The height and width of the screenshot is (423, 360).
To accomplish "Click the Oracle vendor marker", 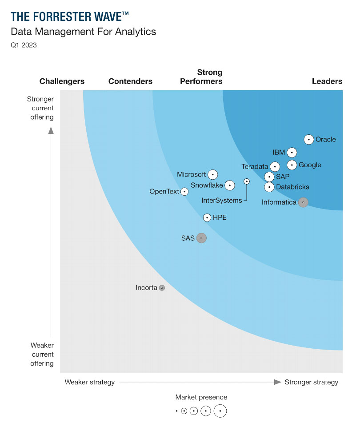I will (309, 140).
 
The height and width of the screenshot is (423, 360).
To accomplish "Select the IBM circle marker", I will (292, 153).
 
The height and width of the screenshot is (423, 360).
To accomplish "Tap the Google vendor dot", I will (292, 165).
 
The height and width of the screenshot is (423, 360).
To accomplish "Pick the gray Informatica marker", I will (303, 202).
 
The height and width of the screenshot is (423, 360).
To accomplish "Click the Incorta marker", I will (162, 288).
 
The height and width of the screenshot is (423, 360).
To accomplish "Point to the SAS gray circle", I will (201, 238).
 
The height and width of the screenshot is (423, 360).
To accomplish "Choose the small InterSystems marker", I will (247, 181).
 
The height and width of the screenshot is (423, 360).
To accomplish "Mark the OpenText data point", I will (184, 192).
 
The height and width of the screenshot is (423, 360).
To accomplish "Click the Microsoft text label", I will (192, 174).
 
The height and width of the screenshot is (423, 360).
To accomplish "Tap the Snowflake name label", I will (207, 185).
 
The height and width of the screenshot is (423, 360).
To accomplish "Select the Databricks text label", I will (292, 187).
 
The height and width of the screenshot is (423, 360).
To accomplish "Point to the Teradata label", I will (255, 167).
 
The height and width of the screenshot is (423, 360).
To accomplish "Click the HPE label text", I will (220, 218).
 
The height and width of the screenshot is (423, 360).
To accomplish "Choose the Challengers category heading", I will (62, 81).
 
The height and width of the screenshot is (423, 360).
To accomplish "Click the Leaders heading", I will (327, 81).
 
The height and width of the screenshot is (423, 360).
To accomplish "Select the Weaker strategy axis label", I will (90, 382).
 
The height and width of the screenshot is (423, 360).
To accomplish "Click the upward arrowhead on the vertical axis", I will (51, 130).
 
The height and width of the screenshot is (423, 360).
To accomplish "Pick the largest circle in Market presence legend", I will (220, 411).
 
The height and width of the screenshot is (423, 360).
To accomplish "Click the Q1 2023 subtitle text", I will (24, 45).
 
